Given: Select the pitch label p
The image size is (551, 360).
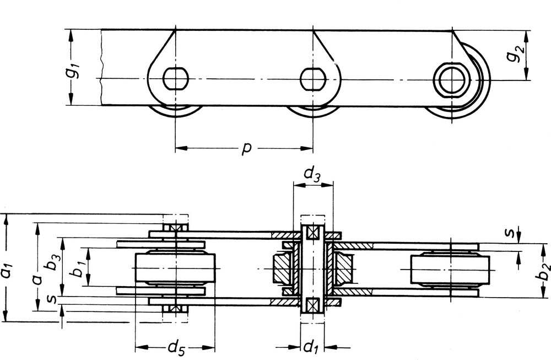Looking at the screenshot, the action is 247,148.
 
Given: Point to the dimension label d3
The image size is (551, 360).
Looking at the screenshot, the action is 312,174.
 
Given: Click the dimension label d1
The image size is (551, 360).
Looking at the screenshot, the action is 310,347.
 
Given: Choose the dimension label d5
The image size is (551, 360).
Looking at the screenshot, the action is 176,348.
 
